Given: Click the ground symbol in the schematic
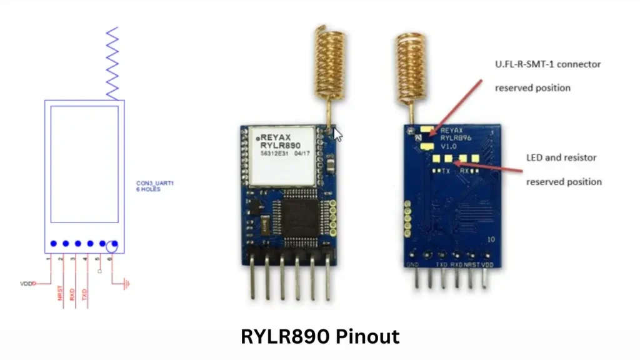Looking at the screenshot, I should click(x=127, y=284).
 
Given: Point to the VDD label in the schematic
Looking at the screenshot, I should click(x=26, y=283).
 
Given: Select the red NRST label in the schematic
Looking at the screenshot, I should click(x=61, y=294).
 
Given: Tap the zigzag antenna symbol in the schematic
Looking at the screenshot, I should click(x=112, y=62).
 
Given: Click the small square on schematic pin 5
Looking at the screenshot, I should click(x=100, y=272).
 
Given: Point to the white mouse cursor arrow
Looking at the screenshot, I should click(x=338, y=134).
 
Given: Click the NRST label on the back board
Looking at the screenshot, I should click(x=472, y=265).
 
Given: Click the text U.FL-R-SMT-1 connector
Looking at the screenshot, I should click(x=547, y=64).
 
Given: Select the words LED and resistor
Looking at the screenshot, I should click(x=562, y=157).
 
